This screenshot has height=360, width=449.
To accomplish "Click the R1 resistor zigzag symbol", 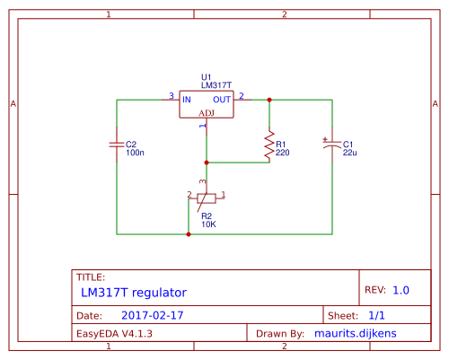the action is [269, 145].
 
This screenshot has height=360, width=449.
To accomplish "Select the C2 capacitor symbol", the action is [117, 145].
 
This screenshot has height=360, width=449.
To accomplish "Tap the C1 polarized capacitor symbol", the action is [332, 145].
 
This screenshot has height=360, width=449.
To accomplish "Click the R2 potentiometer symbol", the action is [207, 198].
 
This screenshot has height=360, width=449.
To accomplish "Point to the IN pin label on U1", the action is [187, 100].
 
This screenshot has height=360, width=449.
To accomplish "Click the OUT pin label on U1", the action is [222, 100].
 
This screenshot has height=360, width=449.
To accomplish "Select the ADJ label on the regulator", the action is [207, 113].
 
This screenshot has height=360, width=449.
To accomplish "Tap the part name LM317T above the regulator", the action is [216, 85].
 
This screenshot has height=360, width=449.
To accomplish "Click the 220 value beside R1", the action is [283, 153].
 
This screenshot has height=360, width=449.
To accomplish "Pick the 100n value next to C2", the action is [135, 153].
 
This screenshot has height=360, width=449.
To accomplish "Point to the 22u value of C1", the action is [349, 153].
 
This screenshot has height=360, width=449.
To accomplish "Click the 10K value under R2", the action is [208, 224].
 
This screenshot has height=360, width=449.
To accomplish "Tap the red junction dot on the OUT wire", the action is [269, 100].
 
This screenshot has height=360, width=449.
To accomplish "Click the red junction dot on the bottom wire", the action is [189, 234].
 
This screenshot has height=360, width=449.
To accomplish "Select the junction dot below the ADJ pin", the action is [207, 162].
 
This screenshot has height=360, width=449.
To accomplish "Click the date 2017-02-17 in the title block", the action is [153, 315].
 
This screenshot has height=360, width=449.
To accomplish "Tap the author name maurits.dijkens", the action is [356, 333].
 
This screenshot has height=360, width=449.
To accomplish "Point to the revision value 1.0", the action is [401, 290].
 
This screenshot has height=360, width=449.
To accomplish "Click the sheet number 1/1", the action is [376, 315].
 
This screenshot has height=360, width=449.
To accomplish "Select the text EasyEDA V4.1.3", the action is [114, 334].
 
